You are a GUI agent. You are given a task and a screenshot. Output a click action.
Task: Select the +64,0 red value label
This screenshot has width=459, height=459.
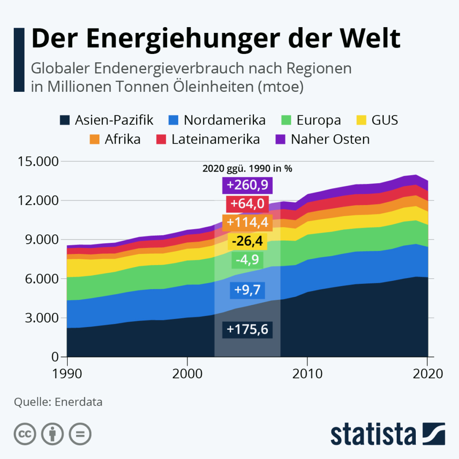[247, 204]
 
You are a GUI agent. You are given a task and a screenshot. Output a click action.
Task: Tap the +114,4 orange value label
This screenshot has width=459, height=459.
[247, 222]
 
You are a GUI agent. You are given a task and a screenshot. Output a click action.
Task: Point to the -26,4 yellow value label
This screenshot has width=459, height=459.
[247, 241]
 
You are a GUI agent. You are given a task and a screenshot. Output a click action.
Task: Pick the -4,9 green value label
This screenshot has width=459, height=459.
[247, 259]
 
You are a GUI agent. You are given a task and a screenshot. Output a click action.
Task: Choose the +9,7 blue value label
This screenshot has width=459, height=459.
[247, 291]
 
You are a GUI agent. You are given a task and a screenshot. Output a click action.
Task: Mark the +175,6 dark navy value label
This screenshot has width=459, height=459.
[247, 329]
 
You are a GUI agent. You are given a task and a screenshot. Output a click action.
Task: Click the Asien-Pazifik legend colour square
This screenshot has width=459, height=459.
[65, 120]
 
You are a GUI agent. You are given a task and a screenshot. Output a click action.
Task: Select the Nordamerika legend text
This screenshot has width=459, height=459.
[224, 120]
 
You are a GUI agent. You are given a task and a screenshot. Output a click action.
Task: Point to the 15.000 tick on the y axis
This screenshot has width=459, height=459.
[38, 161]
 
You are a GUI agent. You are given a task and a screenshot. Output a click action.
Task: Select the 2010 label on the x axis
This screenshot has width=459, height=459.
[307, 373]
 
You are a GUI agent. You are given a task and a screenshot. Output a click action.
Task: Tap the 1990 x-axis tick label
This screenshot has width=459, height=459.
[67, 373]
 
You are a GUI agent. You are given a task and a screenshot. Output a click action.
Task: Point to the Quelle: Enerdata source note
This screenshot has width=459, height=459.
[58, 402]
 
